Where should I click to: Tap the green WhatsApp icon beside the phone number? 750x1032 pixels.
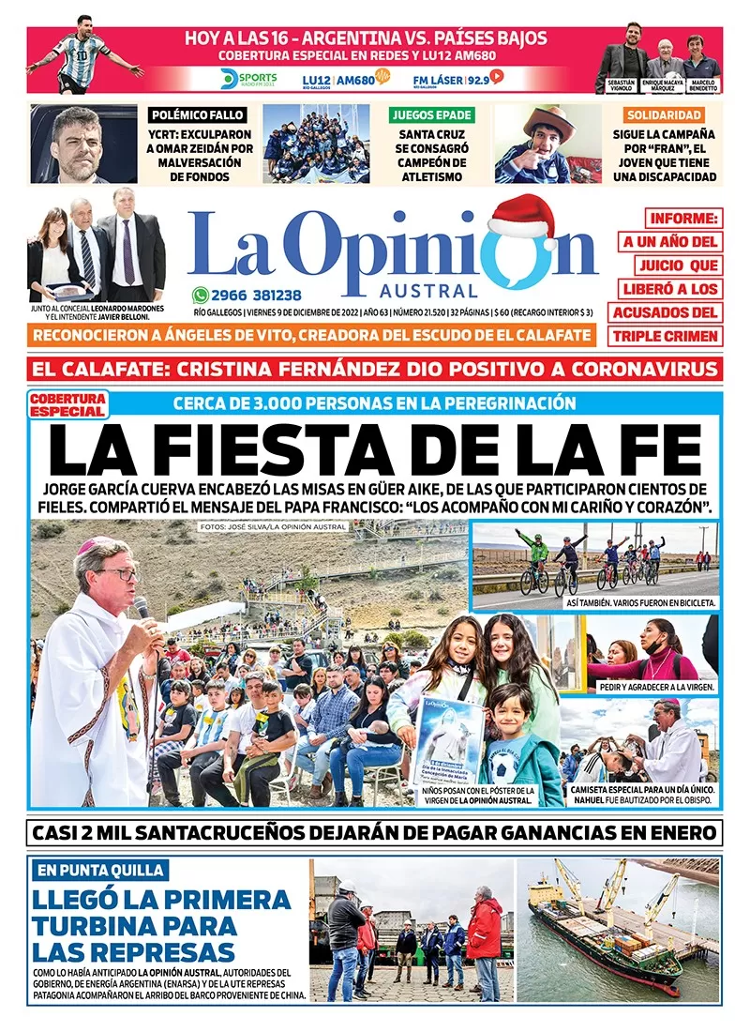199,294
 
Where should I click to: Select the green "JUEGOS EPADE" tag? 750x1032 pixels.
431,115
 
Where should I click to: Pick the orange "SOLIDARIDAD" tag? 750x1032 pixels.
671,115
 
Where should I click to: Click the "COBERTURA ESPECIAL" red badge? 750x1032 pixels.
67,405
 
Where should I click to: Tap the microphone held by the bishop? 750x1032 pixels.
142,610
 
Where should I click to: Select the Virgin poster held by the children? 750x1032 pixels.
448,741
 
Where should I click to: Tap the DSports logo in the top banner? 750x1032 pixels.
247,78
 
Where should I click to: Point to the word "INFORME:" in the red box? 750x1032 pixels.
671,219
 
